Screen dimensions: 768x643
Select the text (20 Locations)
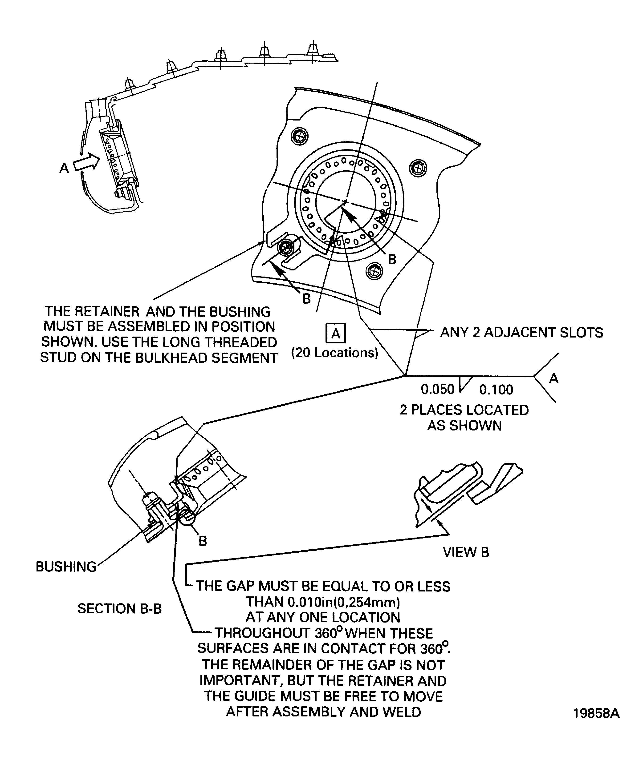tap(334, 353)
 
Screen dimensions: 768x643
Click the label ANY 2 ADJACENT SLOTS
tap(521, 332)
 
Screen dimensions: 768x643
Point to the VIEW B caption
tap(465, 552)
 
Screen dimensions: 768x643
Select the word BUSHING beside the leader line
tap(66, 567)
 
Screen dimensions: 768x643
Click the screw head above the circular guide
tap(299, 137)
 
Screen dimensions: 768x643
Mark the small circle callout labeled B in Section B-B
tap(188, 518)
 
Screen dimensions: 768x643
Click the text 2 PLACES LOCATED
tap(464, 410)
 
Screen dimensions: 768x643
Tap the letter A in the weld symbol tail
tap(554, 378)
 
